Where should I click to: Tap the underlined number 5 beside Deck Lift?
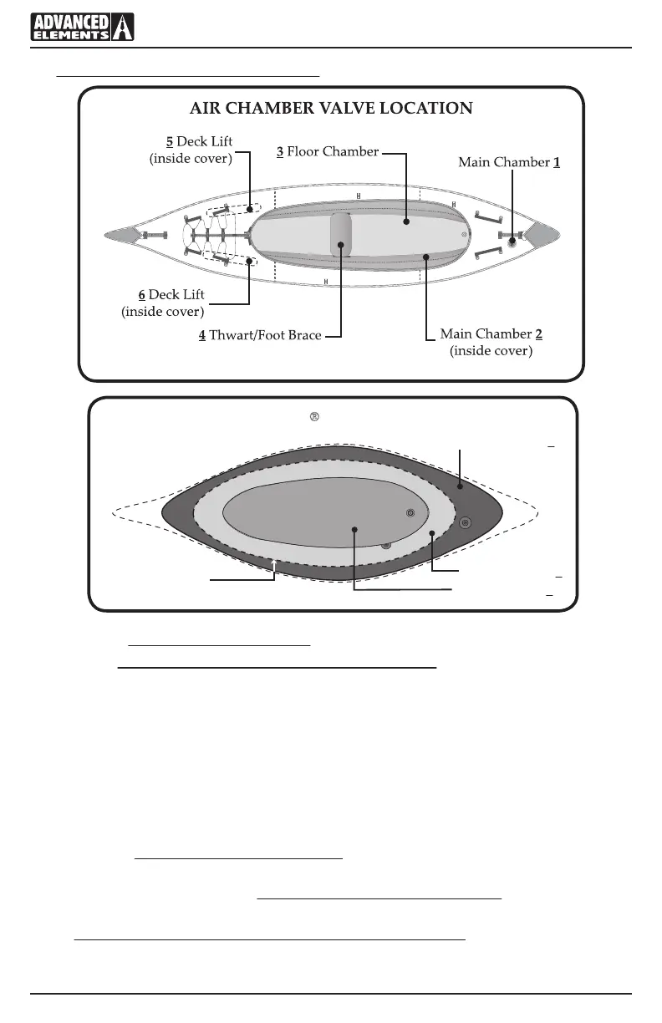(x=170, y=141)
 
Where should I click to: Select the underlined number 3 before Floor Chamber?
(x=280, y=152)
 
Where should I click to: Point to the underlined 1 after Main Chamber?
(x=556, y=162)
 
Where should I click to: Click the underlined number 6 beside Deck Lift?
(x=142, y=295)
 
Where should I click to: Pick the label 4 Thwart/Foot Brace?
(x=260, y=336)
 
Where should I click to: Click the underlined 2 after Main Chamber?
(x=539, y=334)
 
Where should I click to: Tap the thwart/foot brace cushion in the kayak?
(x=341, y=236)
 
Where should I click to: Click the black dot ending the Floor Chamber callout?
(x=405, y=221)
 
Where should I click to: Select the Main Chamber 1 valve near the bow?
(x=512, y=242)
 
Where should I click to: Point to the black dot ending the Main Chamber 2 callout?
(x=425, y=257)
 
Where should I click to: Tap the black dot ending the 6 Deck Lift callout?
(x=249, y=260)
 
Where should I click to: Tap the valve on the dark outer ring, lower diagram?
(x=466, y=522)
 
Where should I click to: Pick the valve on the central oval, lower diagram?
(x=410, y=512)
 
